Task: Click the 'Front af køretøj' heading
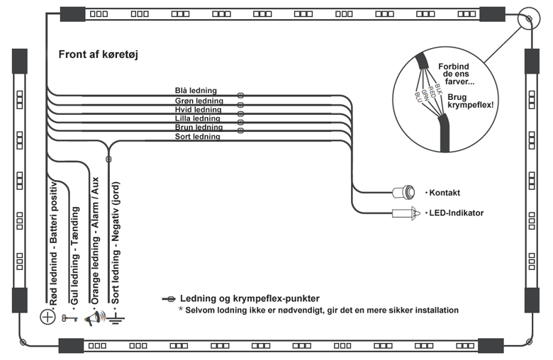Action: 98,55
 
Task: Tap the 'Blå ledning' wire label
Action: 196,91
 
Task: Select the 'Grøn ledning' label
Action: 199,101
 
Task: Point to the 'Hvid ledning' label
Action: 199,109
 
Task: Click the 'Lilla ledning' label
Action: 198,118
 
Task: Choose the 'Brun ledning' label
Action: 199,128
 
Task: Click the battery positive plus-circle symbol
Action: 48,317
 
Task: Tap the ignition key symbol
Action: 69,318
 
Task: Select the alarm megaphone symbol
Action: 94,318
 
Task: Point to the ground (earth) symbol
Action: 116,320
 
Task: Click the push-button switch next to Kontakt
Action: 404,193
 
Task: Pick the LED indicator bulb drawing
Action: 406,213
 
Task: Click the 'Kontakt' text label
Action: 445,193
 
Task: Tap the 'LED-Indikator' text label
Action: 456,213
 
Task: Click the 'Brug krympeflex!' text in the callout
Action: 471,101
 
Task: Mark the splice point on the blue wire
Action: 240,95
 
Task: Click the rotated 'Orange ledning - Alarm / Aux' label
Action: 95,240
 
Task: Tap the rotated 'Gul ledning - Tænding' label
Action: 74,256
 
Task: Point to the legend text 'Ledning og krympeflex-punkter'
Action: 250,298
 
